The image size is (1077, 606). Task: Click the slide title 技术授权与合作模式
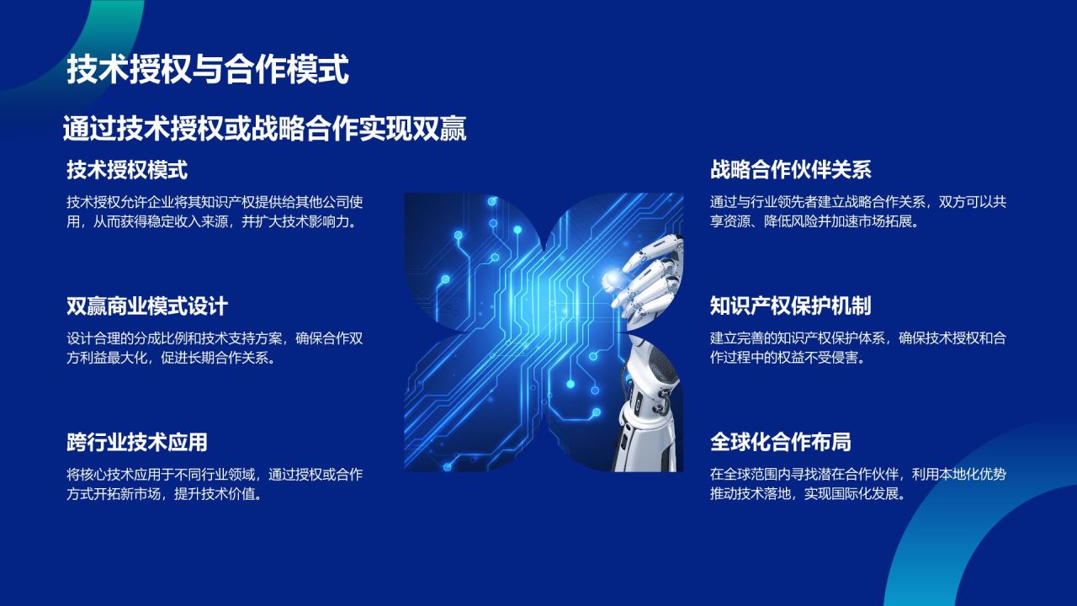point(207,70)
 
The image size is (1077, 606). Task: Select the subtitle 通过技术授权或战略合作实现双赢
point(264,129)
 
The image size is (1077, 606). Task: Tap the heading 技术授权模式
point(127,170)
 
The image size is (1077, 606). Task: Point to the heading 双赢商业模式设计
point(147,306)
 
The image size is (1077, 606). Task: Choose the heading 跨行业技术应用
point(137,442)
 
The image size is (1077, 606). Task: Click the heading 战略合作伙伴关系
point(790,170)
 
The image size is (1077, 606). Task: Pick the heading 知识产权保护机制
point(790,306)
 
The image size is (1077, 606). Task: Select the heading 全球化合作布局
point(780,442)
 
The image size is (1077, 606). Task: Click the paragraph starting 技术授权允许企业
point(215,212)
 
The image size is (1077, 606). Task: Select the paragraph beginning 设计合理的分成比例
point(215,348)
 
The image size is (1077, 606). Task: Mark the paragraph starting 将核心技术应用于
point(215,484)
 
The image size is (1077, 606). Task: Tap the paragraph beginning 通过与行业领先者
point(858,212)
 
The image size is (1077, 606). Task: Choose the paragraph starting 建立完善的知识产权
point(858,348)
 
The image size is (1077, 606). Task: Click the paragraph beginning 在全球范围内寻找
point(858,484)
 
